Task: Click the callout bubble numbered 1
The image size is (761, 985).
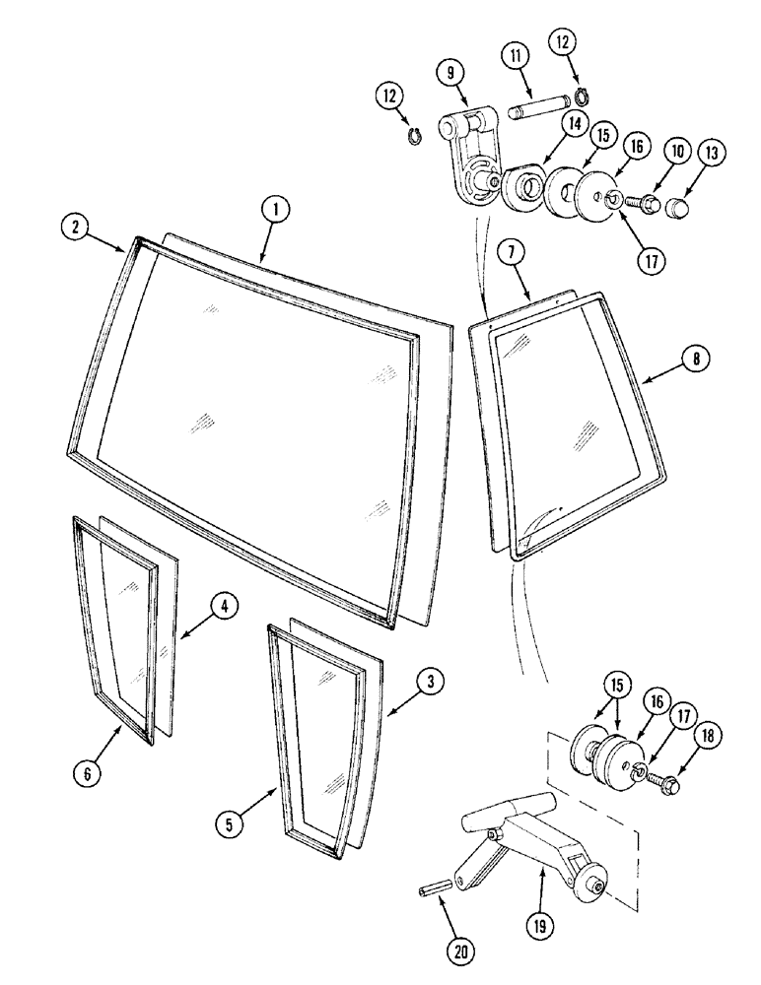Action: click(x=278, y=209)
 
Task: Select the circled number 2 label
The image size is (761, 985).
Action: click(x=76, y=227)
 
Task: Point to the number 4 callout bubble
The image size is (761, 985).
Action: click(x=225, y=608)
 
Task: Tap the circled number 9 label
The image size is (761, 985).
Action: click(x=450, y=72)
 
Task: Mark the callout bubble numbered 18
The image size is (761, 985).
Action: click(x=709, y=736)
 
